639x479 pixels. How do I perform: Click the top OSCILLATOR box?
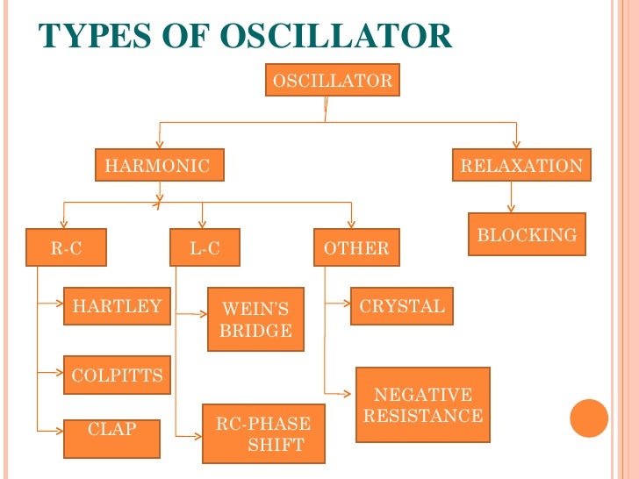pos(333,82)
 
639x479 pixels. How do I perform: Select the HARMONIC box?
pos(159,165)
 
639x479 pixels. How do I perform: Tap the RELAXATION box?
pos(521,165)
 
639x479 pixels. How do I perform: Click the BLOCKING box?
pos(527,234)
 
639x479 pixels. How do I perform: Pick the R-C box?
pos(66,248)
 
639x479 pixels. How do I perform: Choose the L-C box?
pos(205,248)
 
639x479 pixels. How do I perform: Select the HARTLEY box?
pos(117,306)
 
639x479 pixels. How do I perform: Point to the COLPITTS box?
pos(117,375)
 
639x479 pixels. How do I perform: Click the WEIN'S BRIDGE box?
pos(255,319)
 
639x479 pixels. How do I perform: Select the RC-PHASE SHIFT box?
pos(263,433)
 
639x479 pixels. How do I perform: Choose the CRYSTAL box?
pos(402,306)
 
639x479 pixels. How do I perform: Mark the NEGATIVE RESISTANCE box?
pos(422,405)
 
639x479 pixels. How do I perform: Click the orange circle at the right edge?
pos(589,418)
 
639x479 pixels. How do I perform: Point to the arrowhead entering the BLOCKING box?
pos(511,209)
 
